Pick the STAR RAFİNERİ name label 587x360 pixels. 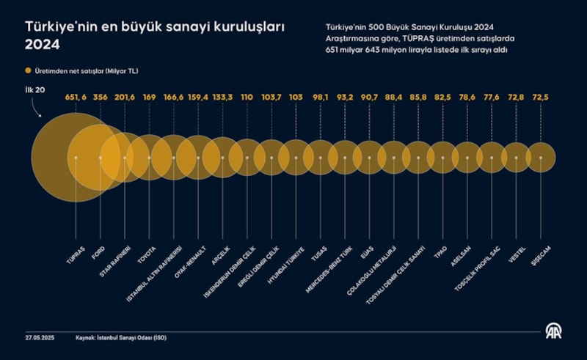pyautogui.click(x=115, y=261)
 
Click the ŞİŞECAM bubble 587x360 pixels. pyautogui.click(x=541, y=158)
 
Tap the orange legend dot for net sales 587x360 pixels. pyautogui.click(x=29, y=70)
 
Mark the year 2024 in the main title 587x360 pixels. pyautogui.click(x=42, y=44)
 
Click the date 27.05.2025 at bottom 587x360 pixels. pyautogui.click(x=38, y=338)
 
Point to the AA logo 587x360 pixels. pyautogui.click(x=552, y=331)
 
